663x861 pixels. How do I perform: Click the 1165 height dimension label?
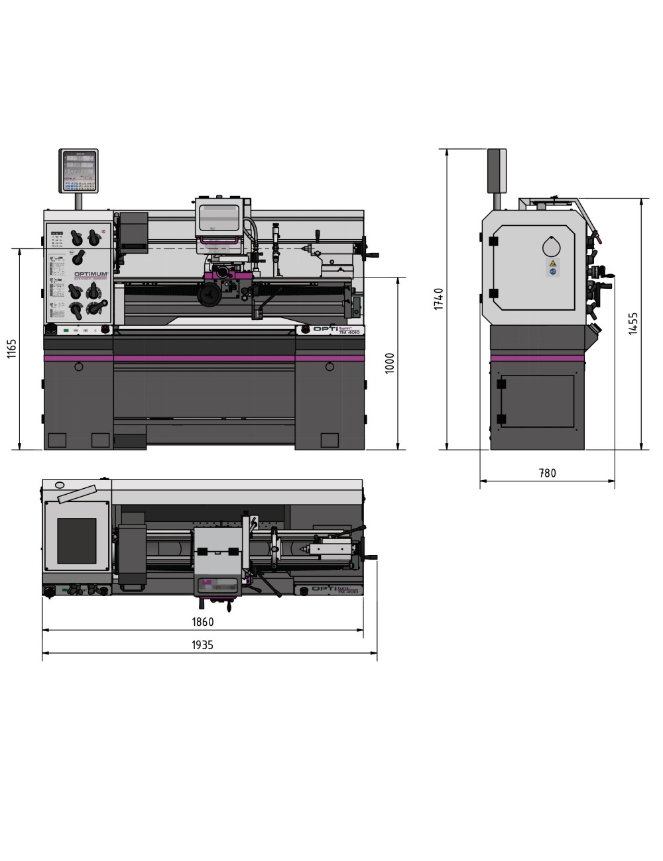[11, 349]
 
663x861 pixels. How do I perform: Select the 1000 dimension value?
[390, 363]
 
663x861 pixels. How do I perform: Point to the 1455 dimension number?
[633, 324]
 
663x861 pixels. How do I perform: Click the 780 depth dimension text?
[548, 473]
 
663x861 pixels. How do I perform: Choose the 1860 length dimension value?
[203, 622]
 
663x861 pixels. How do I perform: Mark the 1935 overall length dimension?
[203, 645]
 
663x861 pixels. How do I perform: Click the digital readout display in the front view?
[80, 171]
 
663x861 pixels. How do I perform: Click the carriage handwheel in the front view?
[210, 294]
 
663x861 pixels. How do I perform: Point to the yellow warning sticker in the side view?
[551, 264]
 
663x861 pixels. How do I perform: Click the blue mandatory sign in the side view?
[551, 272]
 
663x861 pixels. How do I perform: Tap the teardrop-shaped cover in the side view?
[551, 246]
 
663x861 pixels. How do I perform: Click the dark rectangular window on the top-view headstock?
[76, 540]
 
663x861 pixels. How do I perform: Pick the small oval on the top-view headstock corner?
[59, 485]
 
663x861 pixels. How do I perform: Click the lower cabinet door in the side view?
[537, 401]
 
